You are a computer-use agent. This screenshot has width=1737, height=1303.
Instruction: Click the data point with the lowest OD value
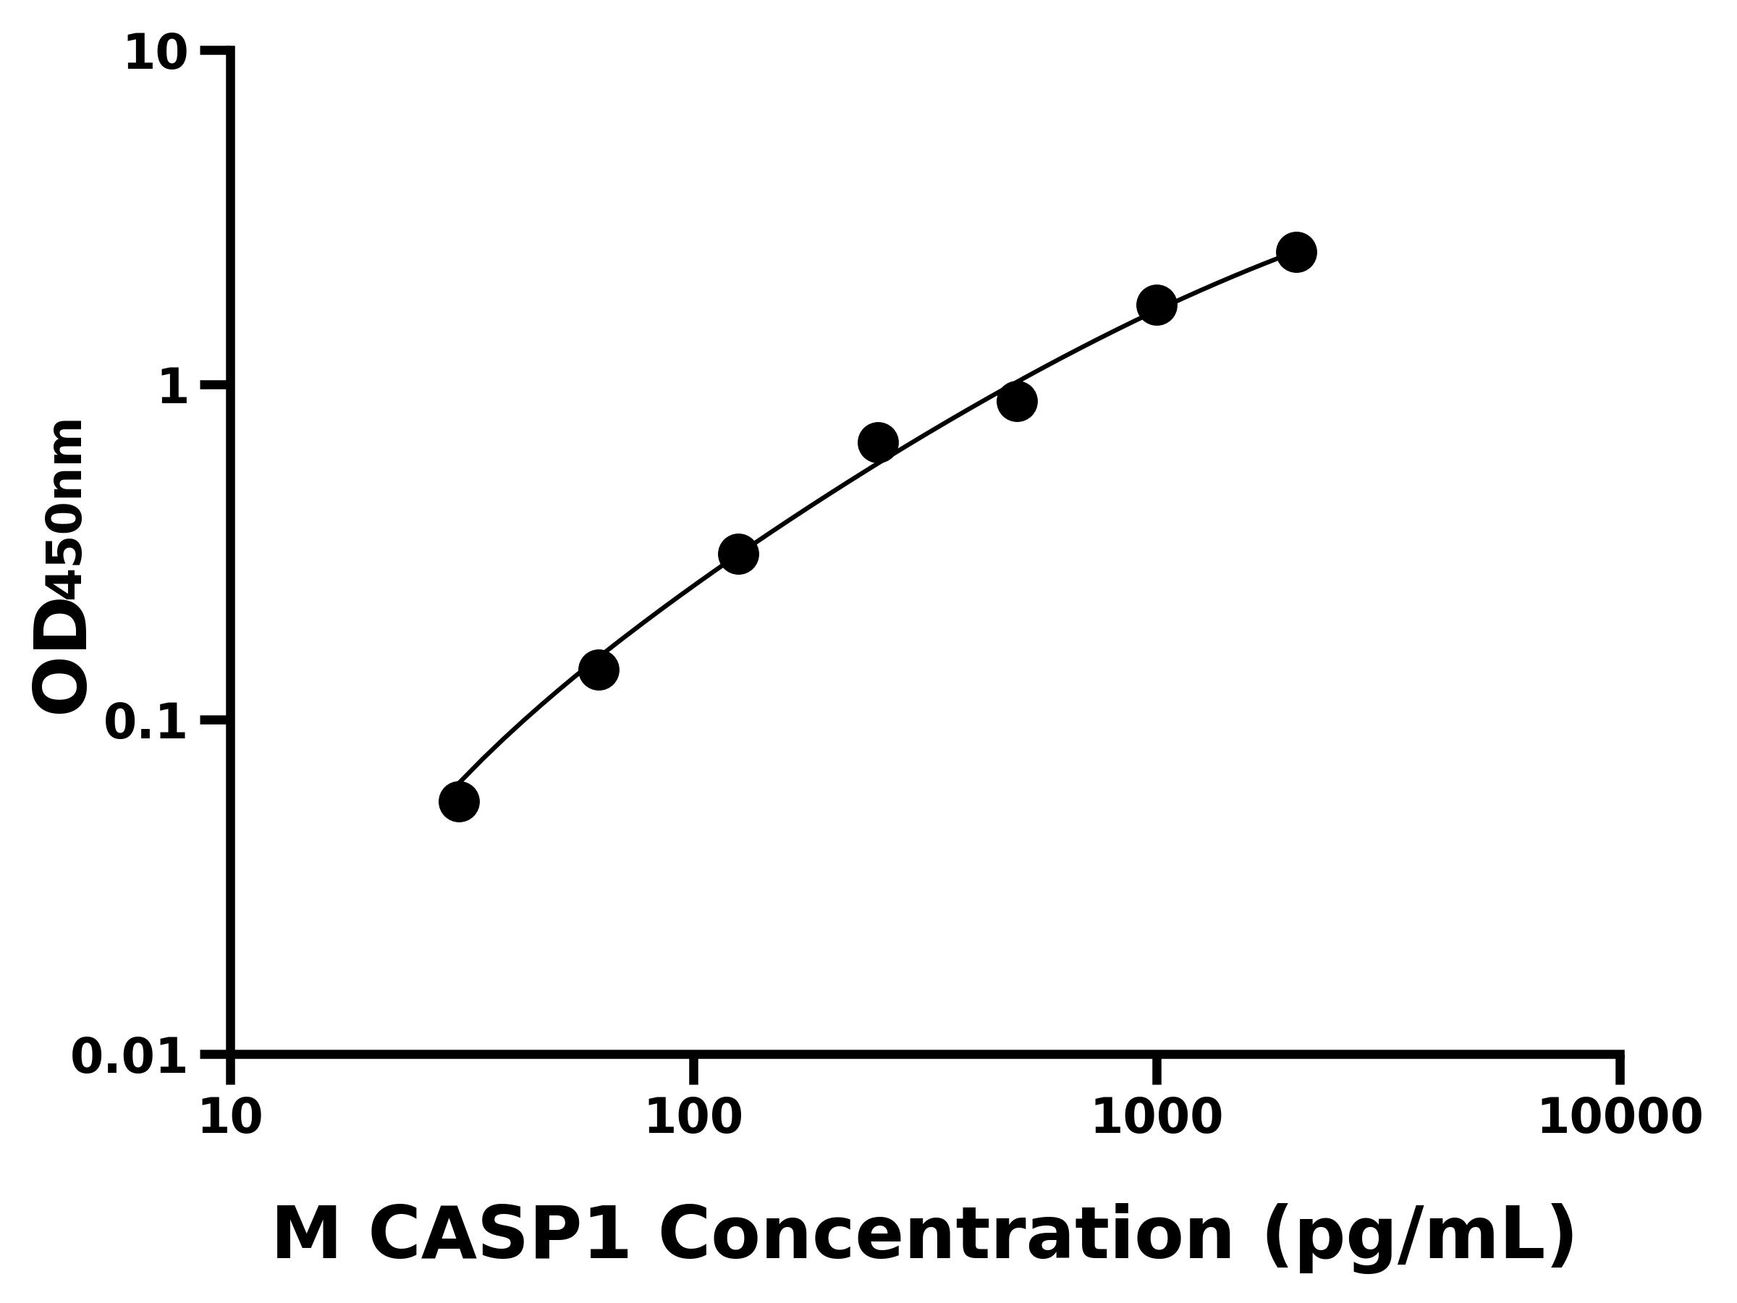click(x=459, y=802)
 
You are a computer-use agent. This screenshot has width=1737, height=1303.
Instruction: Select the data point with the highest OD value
click(x=1296, y=252)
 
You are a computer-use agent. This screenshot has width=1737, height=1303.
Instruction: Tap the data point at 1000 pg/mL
click(x=1157, y=305)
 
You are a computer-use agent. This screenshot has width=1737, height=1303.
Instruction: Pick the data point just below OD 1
click(x=1017, y=401)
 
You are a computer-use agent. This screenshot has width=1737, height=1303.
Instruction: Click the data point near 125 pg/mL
click(x=738, y=554)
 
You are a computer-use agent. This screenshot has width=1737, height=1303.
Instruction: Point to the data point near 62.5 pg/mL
click(x=599, y=670)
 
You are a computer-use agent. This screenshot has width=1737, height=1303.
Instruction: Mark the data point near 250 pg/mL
click(x=878, y=443)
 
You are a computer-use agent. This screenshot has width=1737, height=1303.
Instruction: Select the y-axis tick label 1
click(x=174, y=388)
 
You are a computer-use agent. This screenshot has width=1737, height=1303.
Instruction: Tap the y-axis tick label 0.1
click(x=146, y=722)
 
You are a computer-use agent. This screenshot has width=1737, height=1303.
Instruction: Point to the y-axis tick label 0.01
click(x=130, y=1057)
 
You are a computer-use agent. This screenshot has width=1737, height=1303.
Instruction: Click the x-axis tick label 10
click(x=230, y=1118)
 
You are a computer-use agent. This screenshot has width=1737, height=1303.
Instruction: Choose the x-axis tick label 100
click(x=693, y=1118)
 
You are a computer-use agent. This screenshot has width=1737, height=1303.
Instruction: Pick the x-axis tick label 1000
click(x=1157, y=1118)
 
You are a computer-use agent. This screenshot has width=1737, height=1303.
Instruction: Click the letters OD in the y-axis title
click(x=59, y=654)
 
